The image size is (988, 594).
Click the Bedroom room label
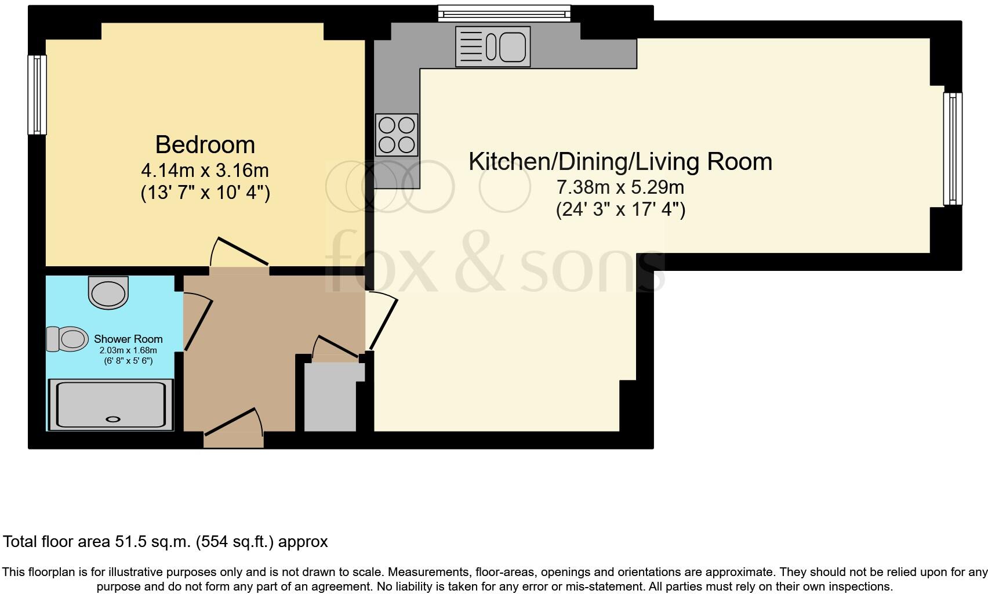(205, 144)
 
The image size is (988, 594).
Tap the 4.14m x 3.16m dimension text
(205, 171)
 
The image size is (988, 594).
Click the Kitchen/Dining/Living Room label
(620, 161)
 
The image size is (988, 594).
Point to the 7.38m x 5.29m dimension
(620, 187)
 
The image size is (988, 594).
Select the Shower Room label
(128, 339)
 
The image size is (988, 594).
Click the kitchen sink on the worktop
(493, 46)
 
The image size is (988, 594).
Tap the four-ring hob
(397, 135)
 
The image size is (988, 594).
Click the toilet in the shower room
(67, 339)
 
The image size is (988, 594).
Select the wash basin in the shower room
(108, 292)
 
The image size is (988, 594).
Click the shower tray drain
(112, 419)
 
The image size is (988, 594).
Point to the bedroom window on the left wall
(37, 95)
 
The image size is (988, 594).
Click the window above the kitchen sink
(504, 13)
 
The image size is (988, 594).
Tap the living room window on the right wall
(952, 149)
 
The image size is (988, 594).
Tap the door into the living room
(382, 322)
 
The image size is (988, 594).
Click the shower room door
(197, 322)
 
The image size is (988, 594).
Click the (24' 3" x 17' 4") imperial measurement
(620, 209)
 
